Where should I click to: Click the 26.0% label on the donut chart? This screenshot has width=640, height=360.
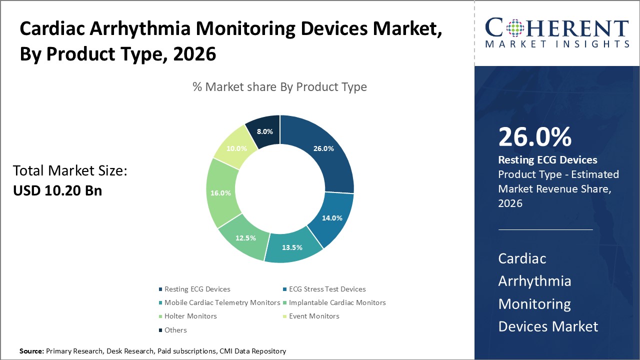click(323, 148)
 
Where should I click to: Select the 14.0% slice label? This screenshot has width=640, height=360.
click(332, 218)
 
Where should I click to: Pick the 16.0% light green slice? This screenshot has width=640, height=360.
click(221, 192)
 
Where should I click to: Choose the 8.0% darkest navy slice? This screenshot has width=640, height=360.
click(264, 131)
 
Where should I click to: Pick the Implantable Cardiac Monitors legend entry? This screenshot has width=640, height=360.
click(337, 302)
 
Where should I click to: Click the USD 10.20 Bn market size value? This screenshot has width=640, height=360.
click(57, 190)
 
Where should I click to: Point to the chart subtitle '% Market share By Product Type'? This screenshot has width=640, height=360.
click(279, 87)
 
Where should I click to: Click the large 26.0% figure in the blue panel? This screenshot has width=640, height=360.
click(534, 137)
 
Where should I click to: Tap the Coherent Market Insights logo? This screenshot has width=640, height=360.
click(556, 32)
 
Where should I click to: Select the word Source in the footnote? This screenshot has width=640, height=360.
click(31, 351)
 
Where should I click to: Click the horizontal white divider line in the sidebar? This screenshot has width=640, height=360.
click(545, 229)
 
